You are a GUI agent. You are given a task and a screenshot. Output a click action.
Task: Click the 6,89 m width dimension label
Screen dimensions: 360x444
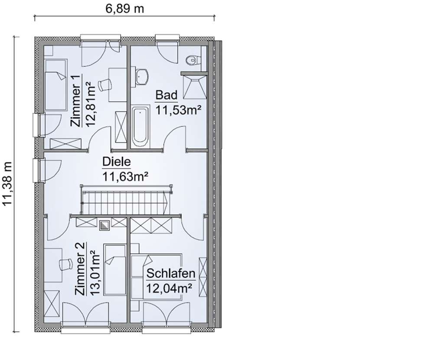[125, 8]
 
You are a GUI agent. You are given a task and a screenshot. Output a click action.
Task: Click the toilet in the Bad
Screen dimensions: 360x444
[191, 60]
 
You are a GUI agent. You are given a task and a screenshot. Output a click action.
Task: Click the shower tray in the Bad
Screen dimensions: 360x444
[193, 86]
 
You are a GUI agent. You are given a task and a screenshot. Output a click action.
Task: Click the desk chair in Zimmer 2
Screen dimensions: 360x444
[65, 263]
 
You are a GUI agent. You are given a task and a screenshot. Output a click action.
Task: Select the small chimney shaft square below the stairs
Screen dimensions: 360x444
[104, 224]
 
